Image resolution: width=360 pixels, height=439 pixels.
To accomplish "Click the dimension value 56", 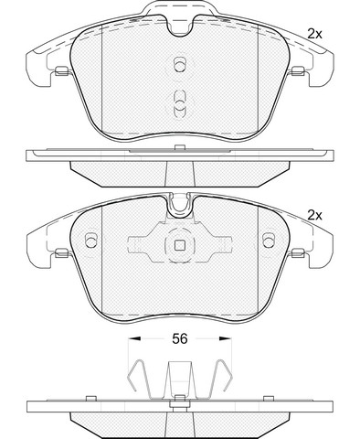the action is click(x=179, y=338).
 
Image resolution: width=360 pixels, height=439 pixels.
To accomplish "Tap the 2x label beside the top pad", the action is click(x=314, y=34).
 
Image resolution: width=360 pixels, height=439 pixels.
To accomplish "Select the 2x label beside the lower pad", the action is click(x=314, y=216).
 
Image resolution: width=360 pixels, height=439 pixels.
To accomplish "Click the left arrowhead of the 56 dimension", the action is click(x=134, y=338).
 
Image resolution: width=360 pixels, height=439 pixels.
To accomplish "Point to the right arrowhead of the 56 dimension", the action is click(x=226, y=338).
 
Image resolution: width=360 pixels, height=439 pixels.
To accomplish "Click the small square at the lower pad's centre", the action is click(x=180, y=245).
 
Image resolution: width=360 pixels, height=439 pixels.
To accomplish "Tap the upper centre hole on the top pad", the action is click(x=179, y=64).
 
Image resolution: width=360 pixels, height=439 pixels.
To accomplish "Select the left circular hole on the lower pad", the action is click(x=90, y=241).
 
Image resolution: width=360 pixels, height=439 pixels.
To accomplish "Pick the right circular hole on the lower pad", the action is click(x=269, y=241).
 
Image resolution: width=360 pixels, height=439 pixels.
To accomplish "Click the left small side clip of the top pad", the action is click(x=62, y=70).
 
